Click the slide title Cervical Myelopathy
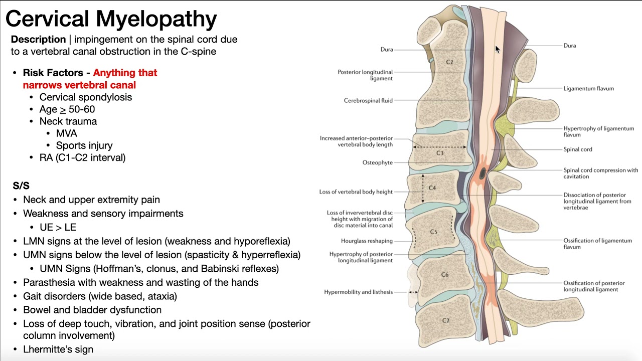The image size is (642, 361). pos(111,19)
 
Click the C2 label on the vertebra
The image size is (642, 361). pos(449,62)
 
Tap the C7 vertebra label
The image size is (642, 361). pos(445,320)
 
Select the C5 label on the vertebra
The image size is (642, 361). pos(434,232)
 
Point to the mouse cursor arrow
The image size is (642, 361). pos(497,49)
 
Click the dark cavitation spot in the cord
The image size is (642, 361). pos(483,174)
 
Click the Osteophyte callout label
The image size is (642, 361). pos(377,162)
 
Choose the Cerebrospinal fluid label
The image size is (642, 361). pos(368,100)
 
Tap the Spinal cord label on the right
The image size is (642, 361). pos(577,149)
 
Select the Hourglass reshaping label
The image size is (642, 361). pos(367,241)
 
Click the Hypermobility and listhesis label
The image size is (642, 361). pos(358,292)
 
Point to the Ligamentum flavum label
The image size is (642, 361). pos(588,89)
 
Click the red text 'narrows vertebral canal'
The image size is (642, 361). pos(79,85)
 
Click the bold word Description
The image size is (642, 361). pos(38,39)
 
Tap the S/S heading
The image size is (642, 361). pos(21,186)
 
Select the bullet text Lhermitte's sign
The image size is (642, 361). pos(58,349)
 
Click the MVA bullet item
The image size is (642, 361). pos(66,133)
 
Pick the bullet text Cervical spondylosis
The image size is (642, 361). pos(86,97)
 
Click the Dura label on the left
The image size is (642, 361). pos(387,50)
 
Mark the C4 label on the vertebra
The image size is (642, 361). pos(432,188)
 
